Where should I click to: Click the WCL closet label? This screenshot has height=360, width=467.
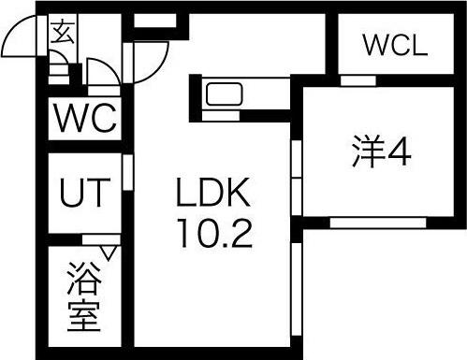(x=394, y=45)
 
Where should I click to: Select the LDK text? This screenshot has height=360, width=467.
(x=213, y=194)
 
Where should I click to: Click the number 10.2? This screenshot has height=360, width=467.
(x=213, y=232)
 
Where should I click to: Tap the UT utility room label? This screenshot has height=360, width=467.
(x=84, y=195)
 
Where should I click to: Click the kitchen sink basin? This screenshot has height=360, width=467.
(x=225, y=94)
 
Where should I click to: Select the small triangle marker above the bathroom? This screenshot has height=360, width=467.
(x=109, y=251)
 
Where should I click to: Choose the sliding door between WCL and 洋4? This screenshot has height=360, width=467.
(x=356, y=80)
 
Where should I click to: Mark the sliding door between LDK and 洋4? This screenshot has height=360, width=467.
(x=296, y=178)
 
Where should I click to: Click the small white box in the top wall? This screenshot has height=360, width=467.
(x=148, y=20)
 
